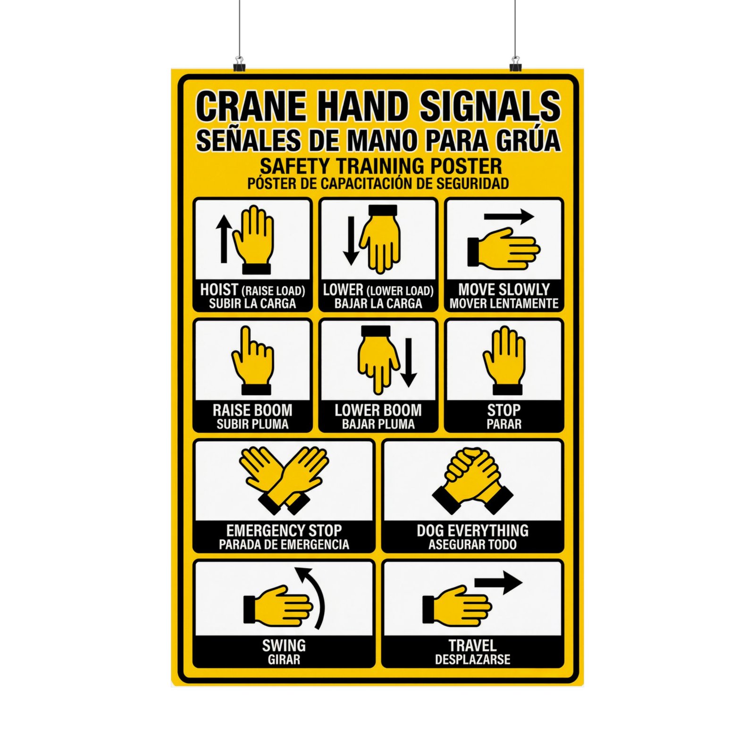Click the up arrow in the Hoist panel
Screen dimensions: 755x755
(223, 239)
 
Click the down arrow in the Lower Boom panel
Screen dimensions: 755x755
(409, 362)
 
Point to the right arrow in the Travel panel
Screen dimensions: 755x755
(498, 583)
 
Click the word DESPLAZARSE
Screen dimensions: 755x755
(472, 659)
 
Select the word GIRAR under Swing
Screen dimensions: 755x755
(284, 659)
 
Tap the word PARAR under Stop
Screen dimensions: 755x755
(504, 424)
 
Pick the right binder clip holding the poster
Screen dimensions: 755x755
(515, 64)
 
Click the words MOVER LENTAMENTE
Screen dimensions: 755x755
(504, 303)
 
